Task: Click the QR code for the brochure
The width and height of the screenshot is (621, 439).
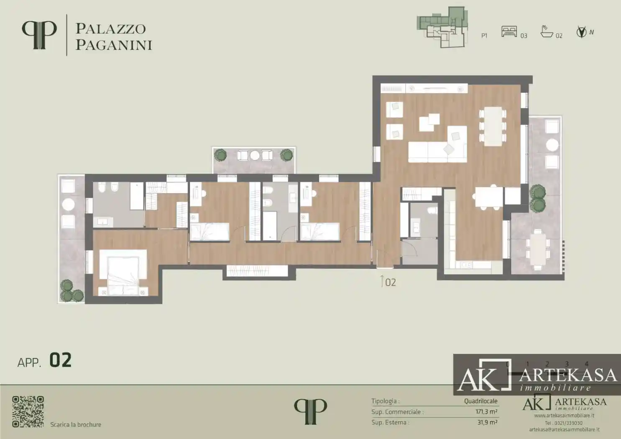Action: (28, 411)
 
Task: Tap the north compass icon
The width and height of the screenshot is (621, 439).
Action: (581, 32)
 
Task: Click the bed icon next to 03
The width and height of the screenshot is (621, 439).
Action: (509, 32)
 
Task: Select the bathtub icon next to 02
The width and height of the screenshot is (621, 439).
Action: (547, 32)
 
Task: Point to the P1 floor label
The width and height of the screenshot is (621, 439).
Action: (484, 36)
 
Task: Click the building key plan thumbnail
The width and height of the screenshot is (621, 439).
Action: (442, 27)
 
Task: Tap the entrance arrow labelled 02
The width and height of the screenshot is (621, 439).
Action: (382, 281)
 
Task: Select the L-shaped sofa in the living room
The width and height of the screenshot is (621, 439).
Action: (437, 149)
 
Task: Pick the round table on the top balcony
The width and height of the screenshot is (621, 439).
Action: (255, 156)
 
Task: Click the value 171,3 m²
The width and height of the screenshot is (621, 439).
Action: (486, 412)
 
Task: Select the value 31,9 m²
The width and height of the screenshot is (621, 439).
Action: (487, 423)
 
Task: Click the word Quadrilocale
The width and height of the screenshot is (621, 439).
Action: (480, 401)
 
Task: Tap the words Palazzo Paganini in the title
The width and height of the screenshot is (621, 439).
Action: (113, 37)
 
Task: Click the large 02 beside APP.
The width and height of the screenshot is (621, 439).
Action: (61, 360)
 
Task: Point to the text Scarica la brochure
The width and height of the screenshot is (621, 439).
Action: (76, 425)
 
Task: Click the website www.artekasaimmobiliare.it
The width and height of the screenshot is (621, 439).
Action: (564, 416)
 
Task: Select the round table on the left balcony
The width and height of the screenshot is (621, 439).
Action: (68, 204)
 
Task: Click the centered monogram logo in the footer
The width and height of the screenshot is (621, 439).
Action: (310, 411)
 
